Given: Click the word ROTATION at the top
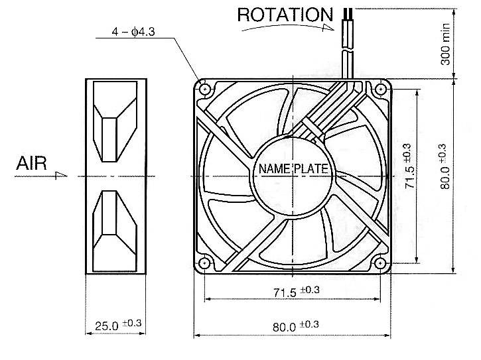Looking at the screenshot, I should coord(285,15).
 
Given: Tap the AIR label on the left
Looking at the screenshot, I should coord(31,163).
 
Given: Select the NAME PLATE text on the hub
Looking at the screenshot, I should coord(293,169).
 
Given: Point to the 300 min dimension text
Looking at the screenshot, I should coord(445,44).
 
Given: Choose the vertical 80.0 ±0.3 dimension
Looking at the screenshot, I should coord(445,166).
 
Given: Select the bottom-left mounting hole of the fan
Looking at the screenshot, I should coord(204,263).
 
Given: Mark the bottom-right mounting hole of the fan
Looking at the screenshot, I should coord(381,263).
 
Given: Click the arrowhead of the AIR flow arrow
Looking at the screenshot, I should coord(62,175).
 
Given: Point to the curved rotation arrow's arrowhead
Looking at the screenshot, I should coord(326,28).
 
